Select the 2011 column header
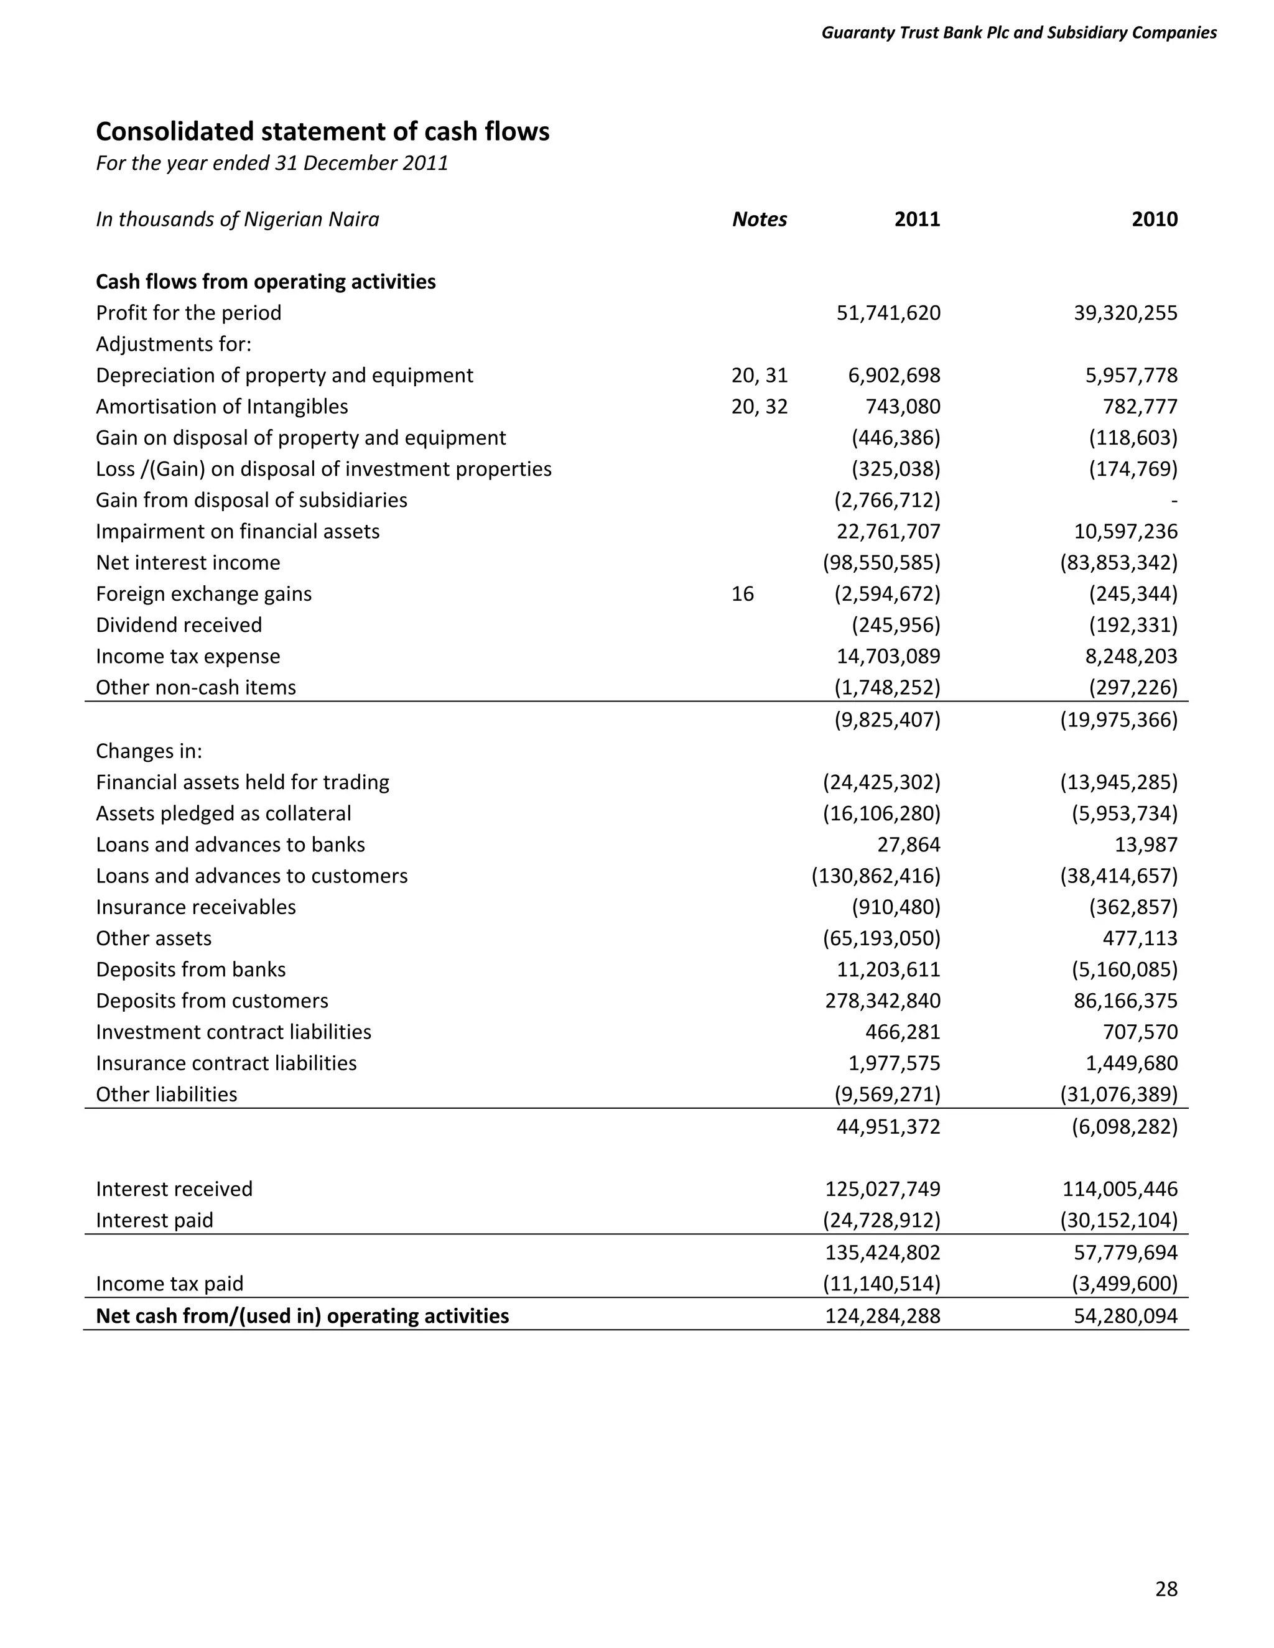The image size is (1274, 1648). point(917,219)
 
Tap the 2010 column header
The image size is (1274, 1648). point(1154,219)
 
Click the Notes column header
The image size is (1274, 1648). point(760,219)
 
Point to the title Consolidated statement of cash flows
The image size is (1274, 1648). point(322,131)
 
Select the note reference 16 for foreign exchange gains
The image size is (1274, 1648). point(743,594)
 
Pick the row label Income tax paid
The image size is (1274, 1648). point(170,1284)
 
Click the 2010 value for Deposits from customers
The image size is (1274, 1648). point(1125,1001)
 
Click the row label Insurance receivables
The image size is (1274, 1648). point(195,907)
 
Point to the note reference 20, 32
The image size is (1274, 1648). point(760,407)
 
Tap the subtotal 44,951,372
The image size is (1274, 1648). point(888,1127)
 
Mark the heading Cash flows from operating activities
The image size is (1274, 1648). point(266,282)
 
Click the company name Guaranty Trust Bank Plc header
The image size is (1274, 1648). point(1018,32)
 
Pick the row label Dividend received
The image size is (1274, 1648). point(179,625)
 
